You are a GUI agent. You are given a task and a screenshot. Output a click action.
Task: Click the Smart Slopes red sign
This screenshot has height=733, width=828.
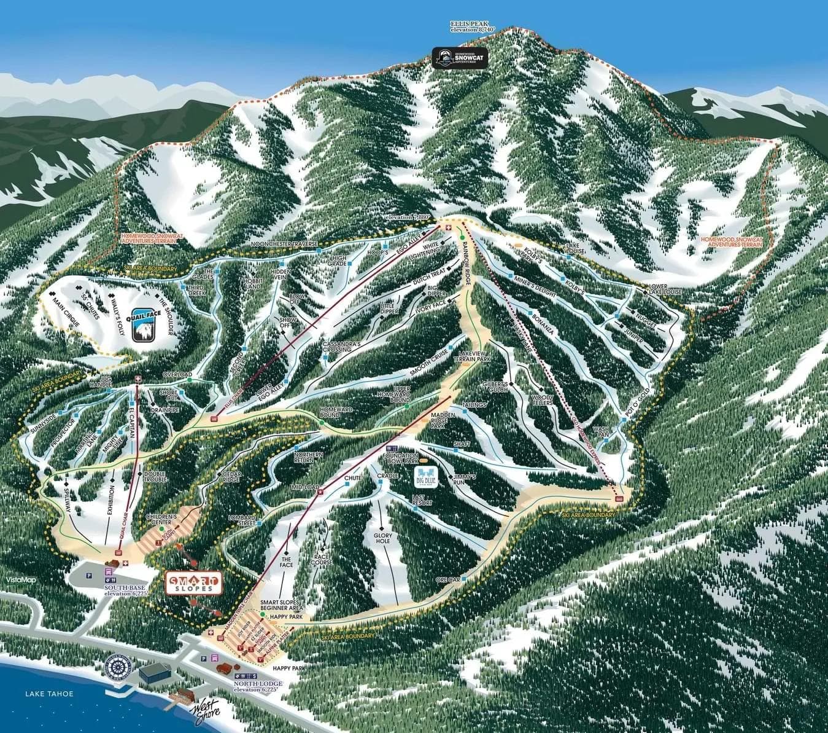point(193,583)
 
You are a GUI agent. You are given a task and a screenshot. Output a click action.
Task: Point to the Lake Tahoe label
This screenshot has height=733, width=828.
point(49,694)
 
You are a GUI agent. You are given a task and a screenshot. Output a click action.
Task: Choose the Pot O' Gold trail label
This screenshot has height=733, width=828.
point(640,404)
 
